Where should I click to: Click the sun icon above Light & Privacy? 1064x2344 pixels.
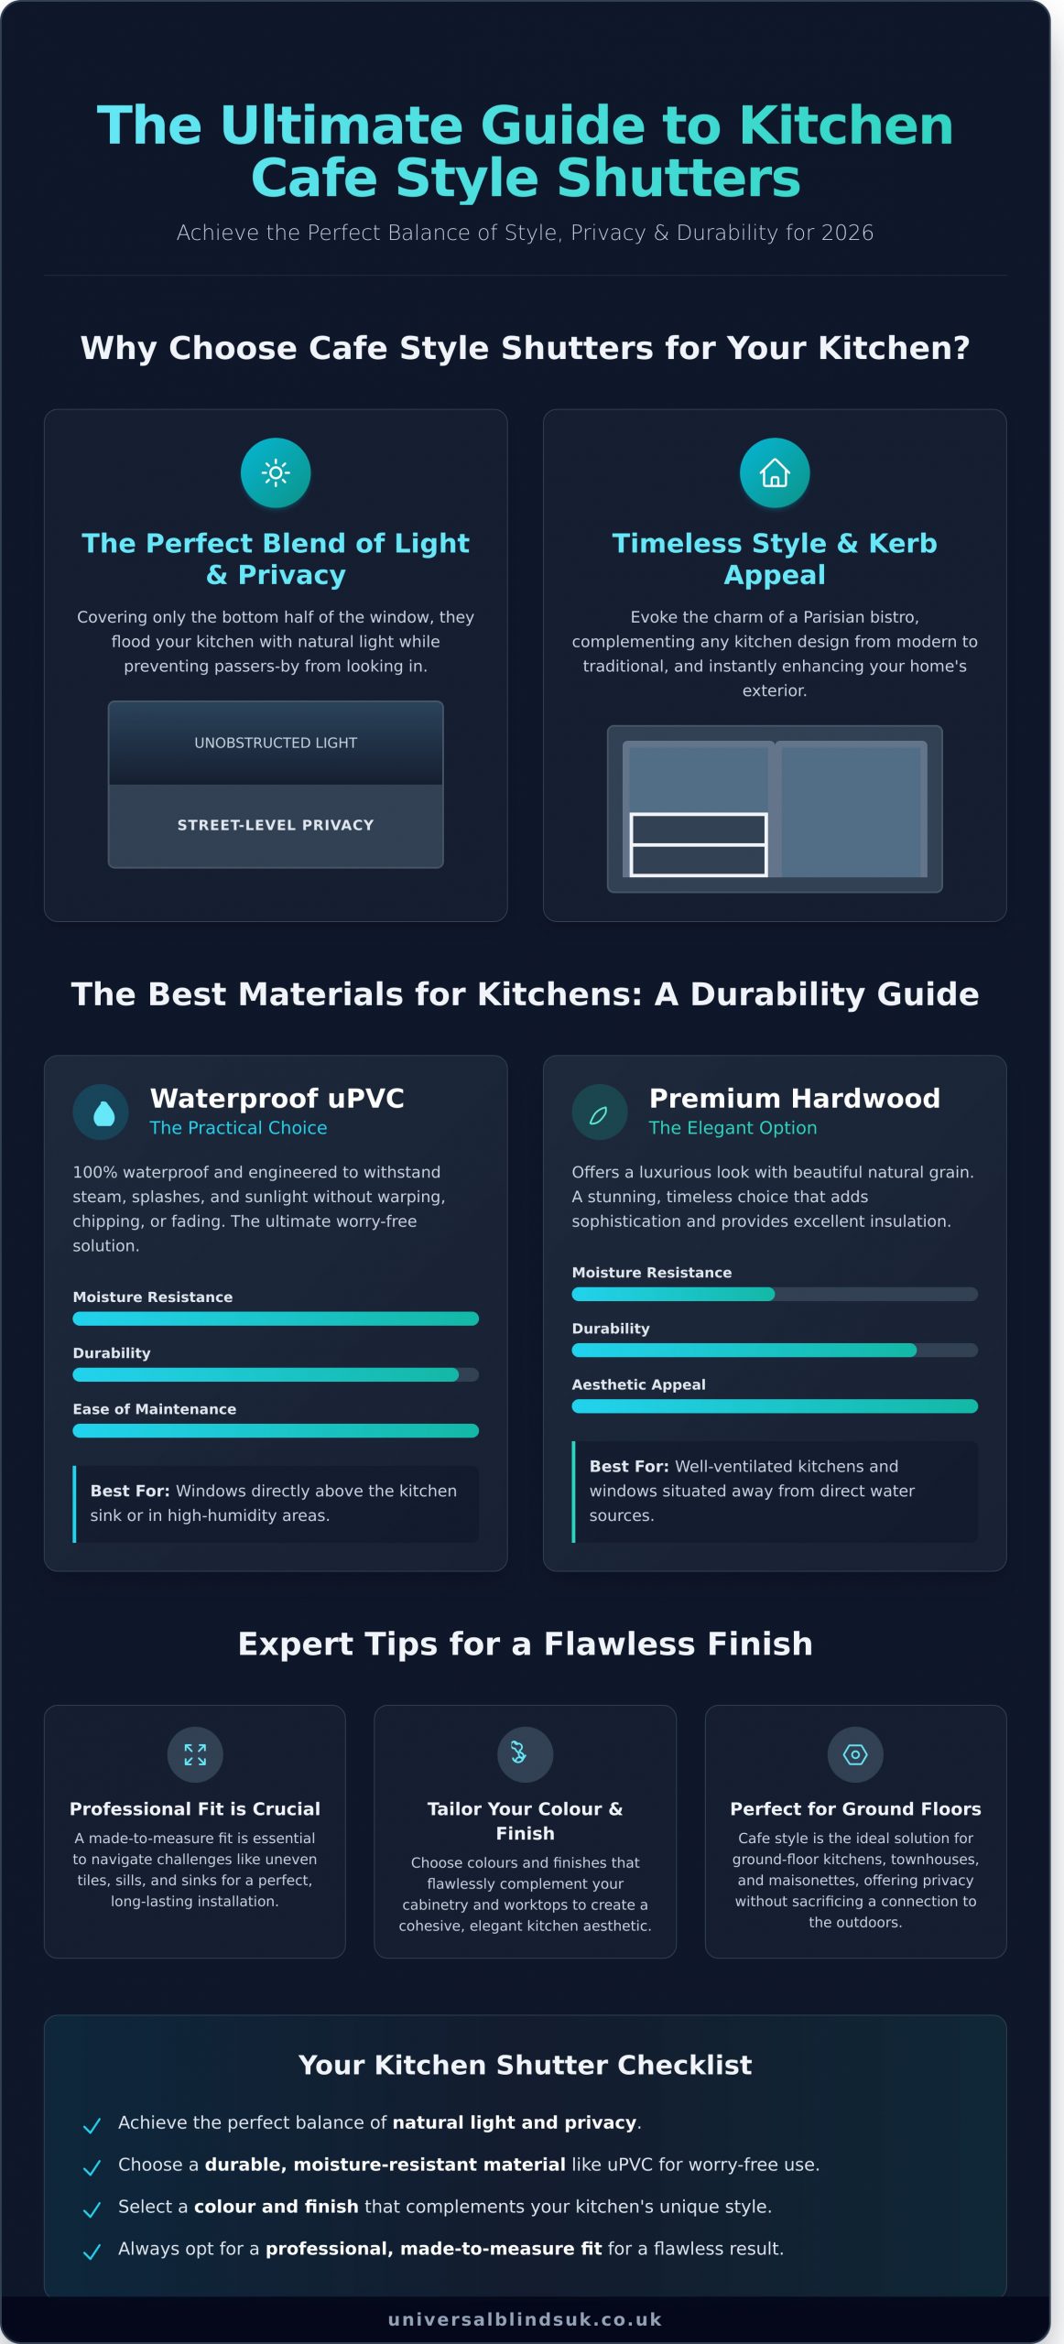tap(276, 472)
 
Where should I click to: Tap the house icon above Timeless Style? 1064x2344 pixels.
tap(775, 472)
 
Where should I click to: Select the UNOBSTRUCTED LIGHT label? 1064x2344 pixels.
tap(276, 743)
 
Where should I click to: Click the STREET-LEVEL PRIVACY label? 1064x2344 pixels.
tap(276, 825)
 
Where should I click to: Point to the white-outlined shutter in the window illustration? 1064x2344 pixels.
tap(699, 844)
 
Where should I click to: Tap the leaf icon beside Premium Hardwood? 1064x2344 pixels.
tap(599, 1113)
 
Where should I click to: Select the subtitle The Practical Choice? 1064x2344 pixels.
tap(238, 1128)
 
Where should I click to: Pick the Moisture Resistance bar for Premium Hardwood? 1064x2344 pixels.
tap(775, 1294)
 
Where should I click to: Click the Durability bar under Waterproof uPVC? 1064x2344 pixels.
tap(276, 1374)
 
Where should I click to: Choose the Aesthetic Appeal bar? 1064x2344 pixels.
tap(775, 1406)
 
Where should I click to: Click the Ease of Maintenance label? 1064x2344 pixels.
tap(155, 1409)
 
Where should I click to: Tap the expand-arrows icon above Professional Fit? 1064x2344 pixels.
tap(195, 1754)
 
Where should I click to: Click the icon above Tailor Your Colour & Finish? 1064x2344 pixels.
tap(525, 1754)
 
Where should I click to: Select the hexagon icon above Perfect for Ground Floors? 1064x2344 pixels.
tap(855, 1754)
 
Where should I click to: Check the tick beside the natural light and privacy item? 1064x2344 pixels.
tap(92, 2125)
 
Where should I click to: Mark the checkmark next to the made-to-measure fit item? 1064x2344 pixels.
tap(92, 2252)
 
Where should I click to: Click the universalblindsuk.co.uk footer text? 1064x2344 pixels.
tap(525, 2319)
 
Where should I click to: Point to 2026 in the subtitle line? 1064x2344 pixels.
tap(847, 233)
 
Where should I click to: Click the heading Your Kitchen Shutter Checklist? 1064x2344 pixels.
tap(525, 2065)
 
